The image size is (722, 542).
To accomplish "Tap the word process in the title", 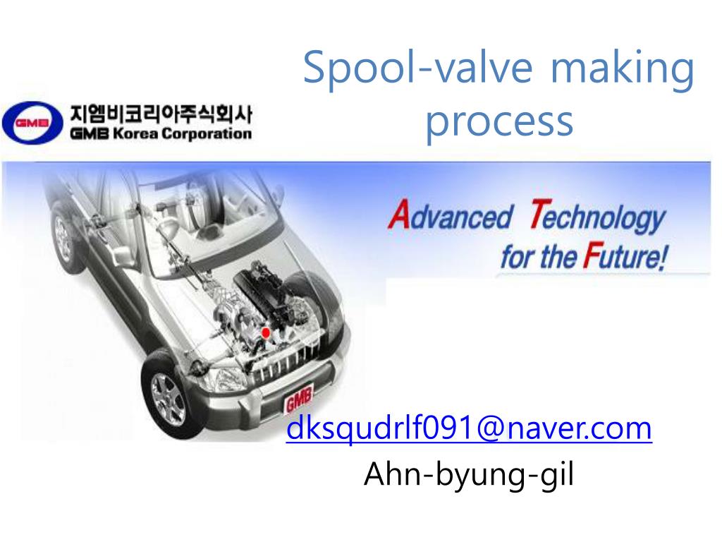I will pos(498,121).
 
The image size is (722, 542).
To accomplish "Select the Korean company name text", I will pos(160,114).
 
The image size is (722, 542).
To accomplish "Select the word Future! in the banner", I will pos(623,255).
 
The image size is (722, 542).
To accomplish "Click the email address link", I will pos(469,428).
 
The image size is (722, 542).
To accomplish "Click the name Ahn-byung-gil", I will pos(469,475).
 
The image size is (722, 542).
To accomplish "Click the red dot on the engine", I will pos(266,332).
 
